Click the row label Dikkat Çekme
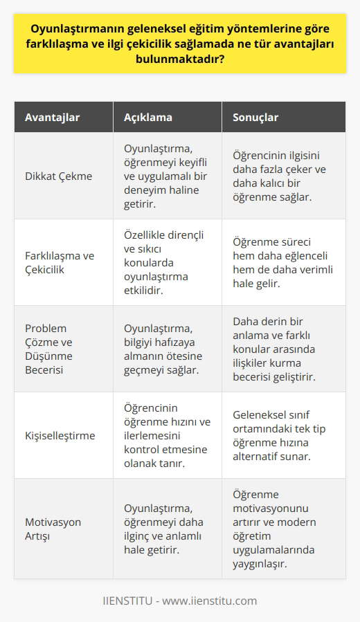click(x=58, y=176)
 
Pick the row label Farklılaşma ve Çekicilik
click(x=60, y=262)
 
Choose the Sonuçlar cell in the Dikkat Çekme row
click(x=280, y=176)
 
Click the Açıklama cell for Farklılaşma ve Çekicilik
click(x=159, y=262)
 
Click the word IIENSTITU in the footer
click(x=128, y=600)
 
